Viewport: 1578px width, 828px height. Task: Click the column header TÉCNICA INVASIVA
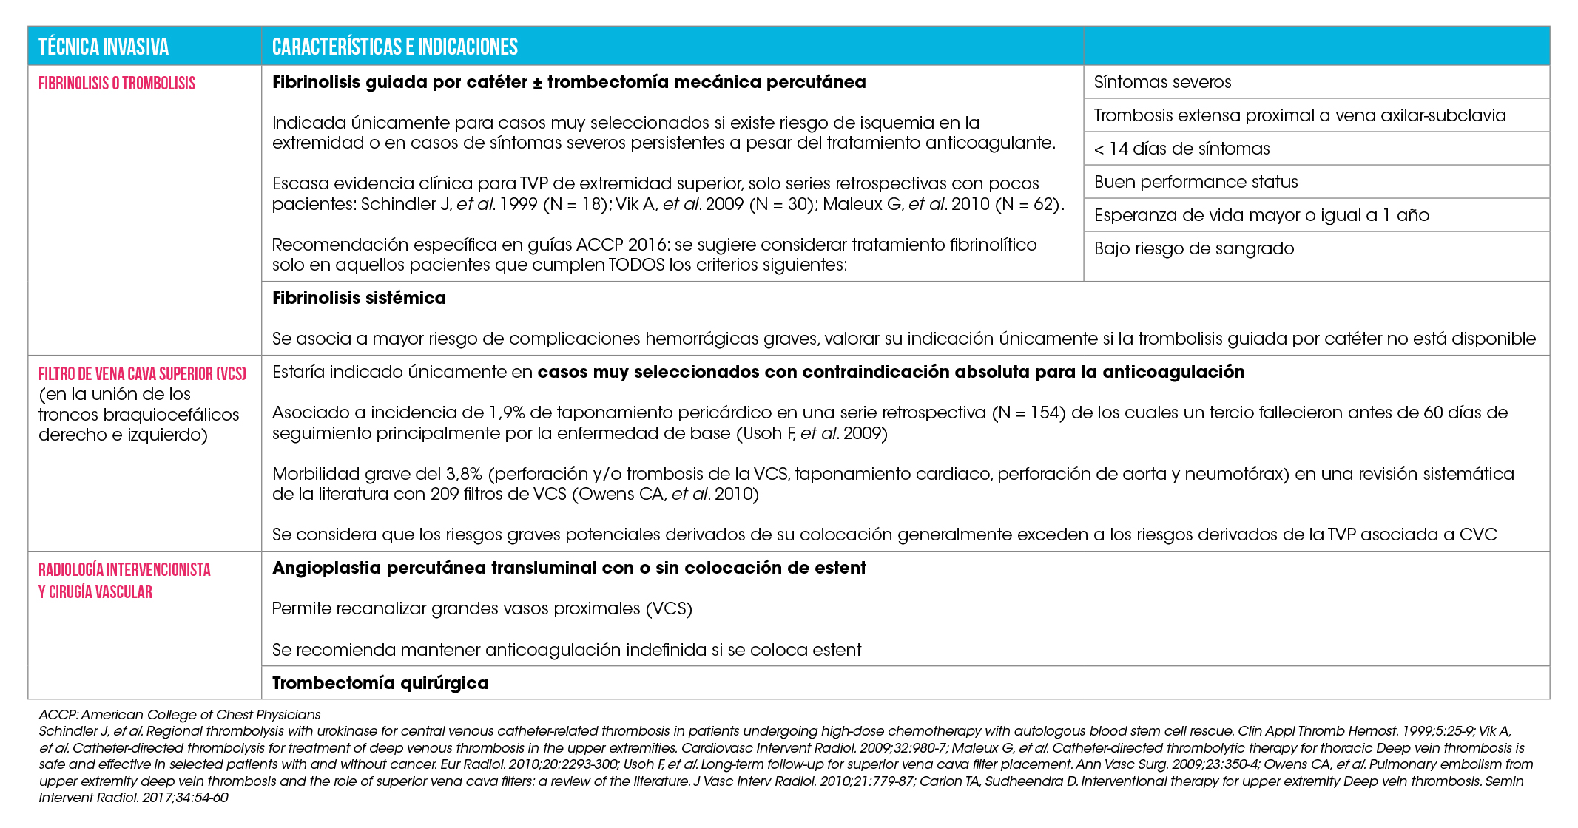(104, 47)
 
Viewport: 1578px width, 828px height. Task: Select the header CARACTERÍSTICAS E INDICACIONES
(394, 47)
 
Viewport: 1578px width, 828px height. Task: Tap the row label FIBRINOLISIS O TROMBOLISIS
(117, 84)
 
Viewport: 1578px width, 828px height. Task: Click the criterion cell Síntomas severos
(1162, 82)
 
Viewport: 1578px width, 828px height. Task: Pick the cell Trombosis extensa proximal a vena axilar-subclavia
(1299, 115)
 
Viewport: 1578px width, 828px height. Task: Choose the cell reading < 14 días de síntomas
(1181, 149)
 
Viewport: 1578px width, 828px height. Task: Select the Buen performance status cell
(1196, 182)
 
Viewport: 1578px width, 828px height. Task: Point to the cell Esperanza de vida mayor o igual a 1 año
(1261, 215)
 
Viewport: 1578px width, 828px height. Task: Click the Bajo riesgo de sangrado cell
(1193, 248)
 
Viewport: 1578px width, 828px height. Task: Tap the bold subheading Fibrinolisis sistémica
(359, 298)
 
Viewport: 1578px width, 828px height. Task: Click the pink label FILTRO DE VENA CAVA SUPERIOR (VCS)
(142, 374)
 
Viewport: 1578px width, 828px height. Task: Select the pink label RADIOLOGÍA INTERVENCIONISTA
(124, 570)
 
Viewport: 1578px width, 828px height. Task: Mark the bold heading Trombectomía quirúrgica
(380, 683)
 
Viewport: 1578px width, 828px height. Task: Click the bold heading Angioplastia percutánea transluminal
(568, 568)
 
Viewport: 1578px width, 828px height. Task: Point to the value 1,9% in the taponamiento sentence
(506, 413)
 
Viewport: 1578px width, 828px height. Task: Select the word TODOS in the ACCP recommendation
(636, 265)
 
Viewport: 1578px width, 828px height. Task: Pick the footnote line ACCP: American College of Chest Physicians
(180, 715)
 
